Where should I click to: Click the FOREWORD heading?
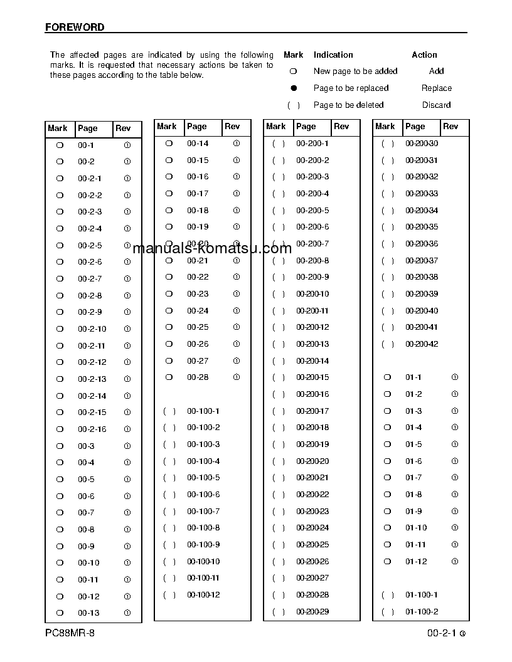click(75, 28)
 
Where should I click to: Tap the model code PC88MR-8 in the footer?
click(70, 633)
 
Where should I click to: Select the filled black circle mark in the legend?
click(293, 88)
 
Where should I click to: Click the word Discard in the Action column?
click(436, 105)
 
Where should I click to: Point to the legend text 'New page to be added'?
click(355, 71)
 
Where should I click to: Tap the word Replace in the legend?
click(436, 88)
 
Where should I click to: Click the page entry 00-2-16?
click(92, 429)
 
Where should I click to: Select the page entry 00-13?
click(88, 613)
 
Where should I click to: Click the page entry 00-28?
click(198, 377)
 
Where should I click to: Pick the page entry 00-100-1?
click(203, 411)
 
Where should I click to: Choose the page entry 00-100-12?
click(203, 595)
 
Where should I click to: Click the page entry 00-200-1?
click(312, 144)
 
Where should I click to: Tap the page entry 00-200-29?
click(312, 612)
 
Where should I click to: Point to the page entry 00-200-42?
click(422, 344)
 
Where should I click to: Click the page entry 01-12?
click(415, 562)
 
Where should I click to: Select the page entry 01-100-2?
click(422, 612)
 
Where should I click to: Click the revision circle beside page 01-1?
click(455, 377)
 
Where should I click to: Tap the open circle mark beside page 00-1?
click(60, 145)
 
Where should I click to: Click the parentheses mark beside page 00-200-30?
click(388, 144)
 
